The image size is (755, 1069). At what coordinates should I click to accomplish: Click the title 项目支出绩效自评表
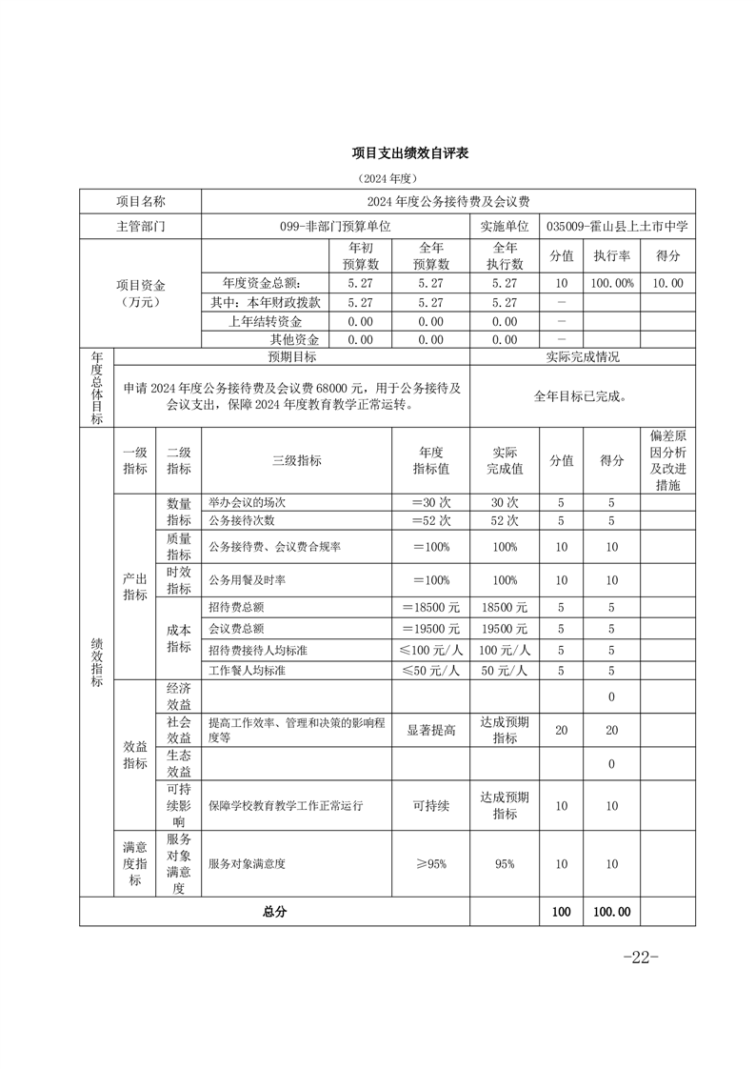pyautogui.click(x=410, y=152)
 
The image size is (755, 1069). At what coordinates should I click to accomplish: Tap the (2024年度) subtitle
pyautogui.click(x=388, y=178)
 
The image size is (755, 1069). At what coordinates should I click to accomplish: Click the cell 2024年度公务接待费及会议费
pyautogui.click(x=448, y=201)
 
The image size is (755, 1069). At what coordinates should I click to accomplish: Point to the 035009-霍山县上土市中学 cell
pyautogui.click(x=618, y=227)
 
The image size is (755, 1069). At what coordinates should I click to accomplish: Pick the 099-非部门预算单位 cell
pyautogui.click(x=335, y=227)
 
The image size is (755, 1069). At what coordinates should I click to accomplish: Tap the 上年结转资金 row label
pyautogui.click(x=267, y=320)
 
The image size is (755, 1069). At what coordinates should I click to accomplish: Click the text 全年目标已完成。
pyautogui.click(x=581, y=395)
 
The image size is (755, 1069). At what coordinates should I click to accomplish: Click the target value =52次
pyautogui.click(x=430, y=521)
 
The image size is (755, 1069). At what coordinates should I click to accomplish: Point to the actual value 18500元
pyautogui.click(x=504, y=607)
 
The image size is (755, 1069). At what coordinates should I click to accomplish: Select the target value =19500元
pyautogui.click(x=430, y=629)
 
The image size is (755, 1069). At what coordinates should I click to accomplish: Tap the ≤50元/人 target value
pyautogui.click(x=430, y=670)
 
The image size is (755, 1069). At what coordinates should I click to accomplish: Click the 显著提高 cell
pyautogui.click(x=430, y=730)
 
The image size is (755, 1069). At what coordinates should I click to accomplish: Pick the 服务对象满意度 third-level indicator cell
pyautogui.click(x=248, y=864)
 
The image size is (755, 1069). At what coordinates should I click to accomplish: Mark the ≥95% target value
pyautogui.click(x=430, y=864)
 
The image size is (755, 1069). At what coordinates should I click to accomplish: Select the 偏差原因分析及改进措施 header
pyautogui.click(x=667, y=460)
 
